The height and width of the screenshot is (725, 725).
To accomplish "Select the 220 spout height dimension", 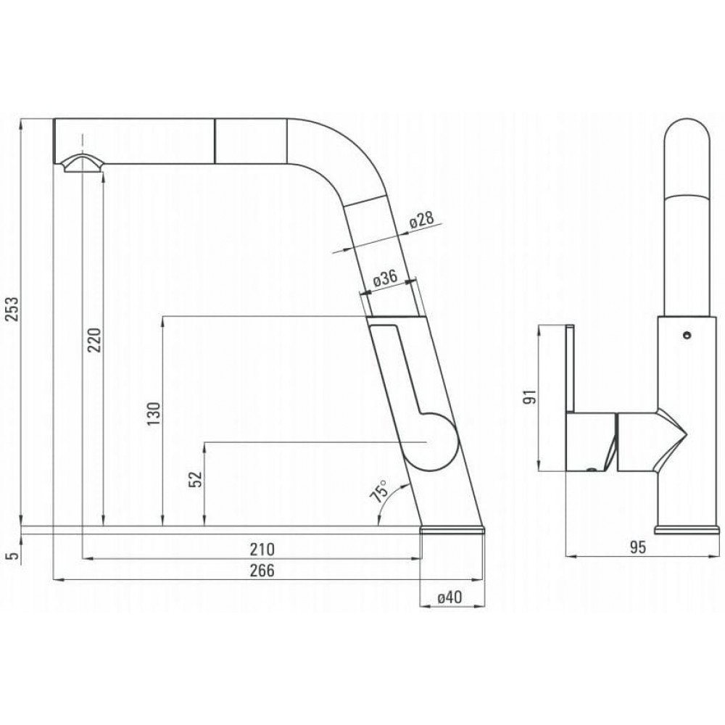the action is [94, 340].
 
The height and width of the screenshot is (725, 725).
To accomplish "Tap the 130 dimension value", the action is [154, 414].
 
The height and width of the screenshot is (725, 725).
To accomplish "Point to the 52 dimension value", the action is [196, 478].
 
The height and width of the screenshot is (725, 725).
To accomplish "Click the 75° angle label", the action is [379, 491].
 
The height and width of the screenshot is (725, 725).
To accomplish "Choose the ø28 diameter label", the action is [422, 220].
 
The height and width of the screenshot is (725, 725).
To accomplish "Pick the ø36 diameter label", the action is [385, 278].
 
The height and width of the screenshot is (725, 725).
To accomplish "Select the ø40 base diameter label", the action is [449, 597].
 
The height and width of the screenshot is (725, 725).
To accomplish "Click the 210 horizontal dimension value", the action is [262, 550].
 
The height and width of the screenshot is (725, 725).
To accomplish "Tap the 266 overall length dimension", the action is [262, 571].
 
